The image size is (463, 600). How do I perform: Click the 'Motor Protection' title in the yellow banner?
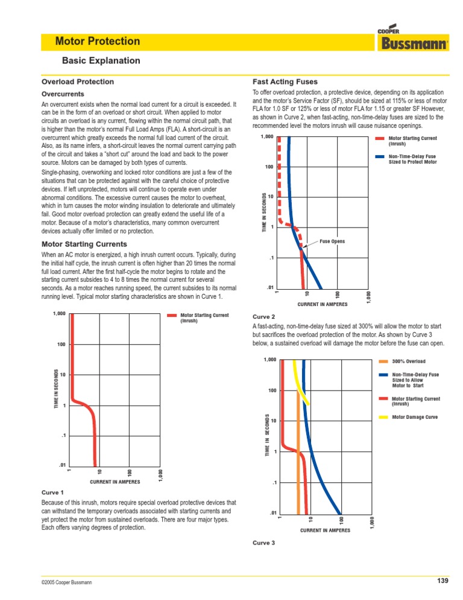(97, 42)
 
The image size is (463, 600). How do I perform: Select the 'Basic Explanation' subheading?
(101, 60)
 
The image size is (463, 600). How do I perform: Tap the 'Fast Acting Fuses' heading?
(285, 82)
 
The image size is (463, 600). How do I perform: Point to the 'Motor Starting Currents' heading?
(84, 244)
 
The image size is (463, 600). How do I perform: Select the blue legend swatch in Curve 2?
(379, 157)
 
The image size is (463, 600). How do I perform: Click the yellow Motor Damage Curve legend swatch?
(384, 417)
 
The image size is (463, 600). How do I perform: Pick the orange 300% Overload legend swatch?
(384, 362)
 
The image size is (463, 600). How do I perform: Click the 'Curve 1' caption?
(52, 493)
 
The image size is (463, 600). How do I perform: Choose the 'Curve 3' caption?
(263, 543)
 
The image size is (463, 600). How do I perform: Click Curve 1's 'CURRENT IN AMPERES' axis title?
(115, 482)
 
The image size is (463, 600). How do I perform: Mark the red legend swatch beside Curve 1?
(172, 315)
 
